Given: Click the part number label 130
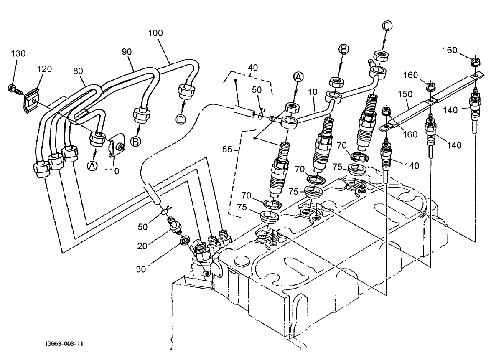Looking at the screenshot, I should click(x=18, y=53).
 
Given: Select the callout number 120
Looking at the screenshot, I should click(x=45, y=69).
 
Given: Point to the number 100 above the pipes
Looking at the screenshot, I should click(x=155, y=33).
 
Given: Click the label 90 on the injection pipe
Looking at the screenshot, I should click(x=127, y=51).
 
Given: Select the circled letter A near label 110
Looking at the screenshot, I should click(x=92, y=166).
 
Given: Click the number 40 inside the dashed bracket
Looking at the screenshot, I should click(x=253, y=67).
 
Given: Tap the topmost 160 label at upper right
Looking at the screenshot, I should click(x=450, y=51).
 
